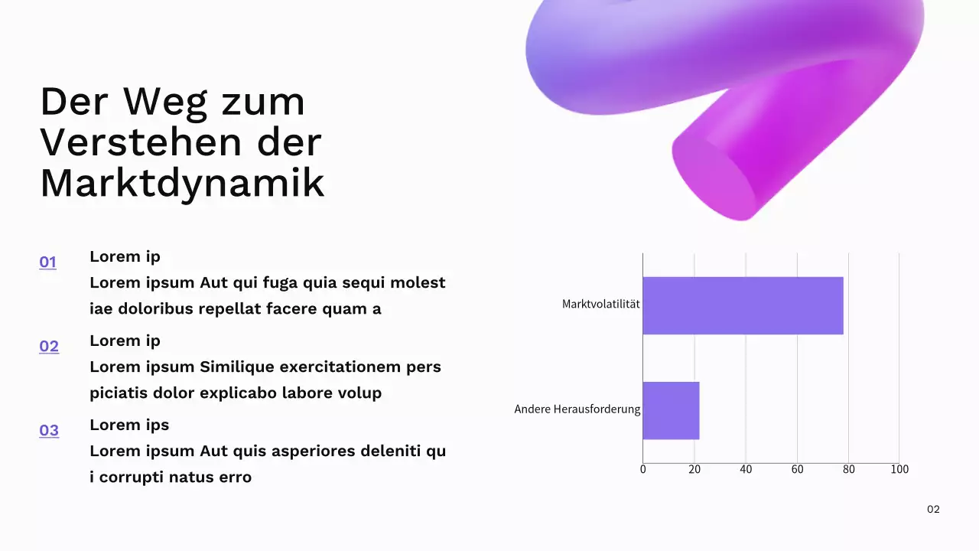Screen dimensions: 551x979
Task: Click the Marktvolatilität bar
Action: (x=743, y=305)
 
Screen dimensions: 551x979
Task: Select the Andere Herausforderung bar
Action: (x=671, y=410)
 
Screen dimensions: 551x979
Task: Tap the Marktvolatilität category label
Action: (x=600, y=304)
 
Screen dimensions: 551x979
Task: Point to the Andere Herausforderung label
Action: (x=577, y=409)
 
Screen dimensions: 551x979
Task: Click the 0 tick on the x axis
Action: (x=642, y=469)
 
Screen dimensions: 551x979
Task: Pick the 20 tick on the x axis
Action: (x=694, y=469)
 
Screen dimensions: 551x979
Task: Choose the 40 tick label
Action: (x=746, y=469)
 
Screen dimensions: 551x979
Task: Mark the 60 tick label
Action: (x=797, y=469)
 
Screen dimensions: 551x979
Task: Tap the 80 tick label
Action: (x=848, y=469)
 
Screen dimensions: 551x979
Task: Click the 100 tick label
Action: (x=899, y=469)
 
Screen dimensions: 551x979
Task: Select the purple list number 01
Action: (x=47, y=262)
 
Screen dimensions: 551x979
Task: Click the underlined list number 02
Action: (x=49, y=347)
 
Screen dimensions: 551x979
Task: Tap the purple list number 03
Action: (x=49, y=431)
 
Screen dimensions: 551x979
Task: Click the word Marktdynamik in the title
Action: (x=182, y=183)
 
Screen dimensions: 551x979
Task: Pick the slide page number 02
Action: (x=933, y=510)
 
